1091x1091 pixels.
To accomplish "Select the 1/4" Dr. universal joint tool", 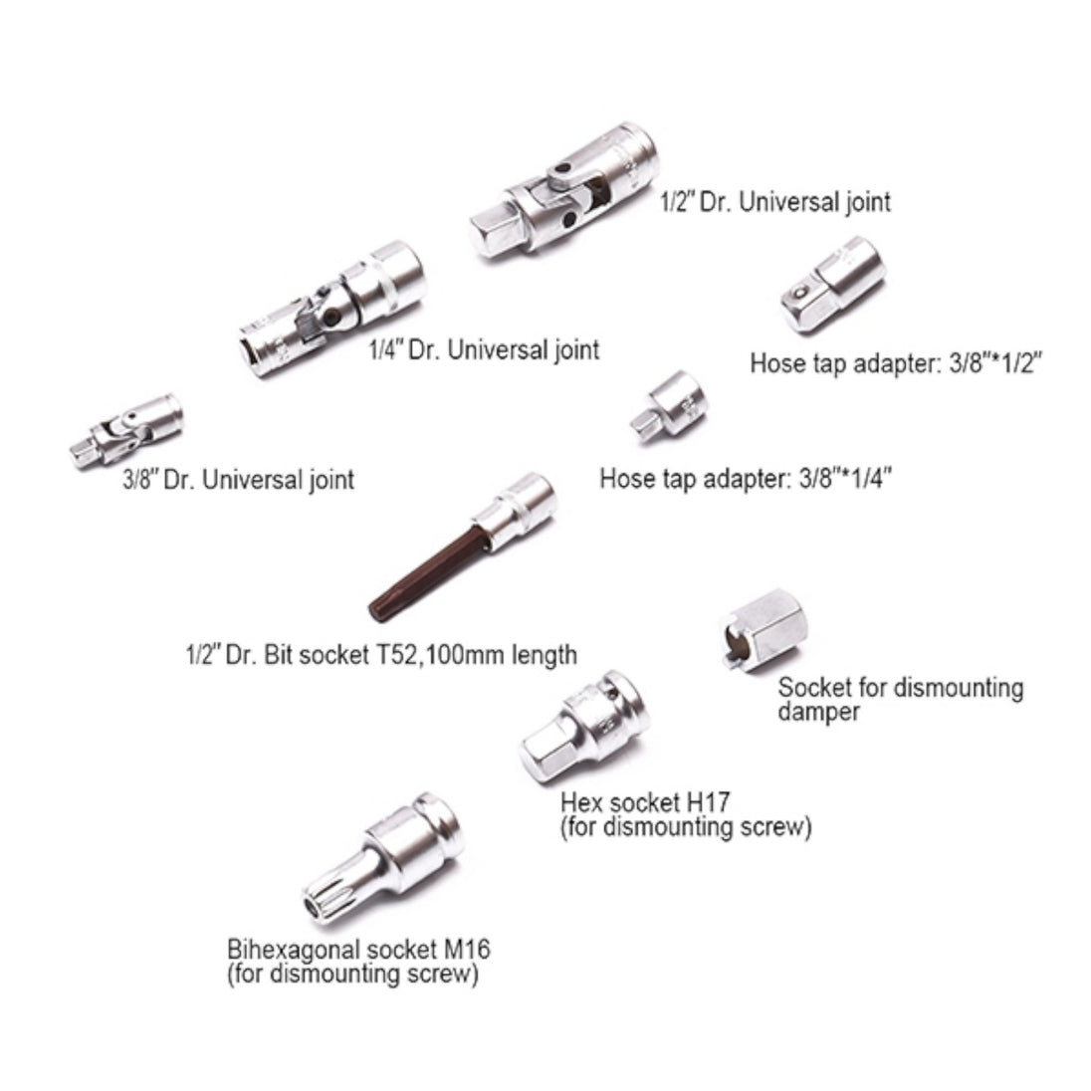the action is [331, 310].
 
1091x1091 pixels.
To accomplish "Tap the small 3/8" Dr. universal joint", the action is [126, 430].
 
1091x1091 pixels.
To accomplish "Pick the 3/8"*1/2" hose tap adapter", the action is [832, 285].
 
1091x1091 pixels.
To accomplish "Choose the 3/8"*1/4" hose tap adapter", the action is [668, 408].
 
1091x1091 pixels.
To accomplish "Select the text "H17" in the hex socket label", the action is [709, 803].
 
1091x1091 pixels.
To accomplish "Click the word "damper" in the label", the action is [819, 712].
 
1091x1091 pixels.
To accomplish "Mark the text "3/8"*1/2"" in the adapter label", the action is [995, 363].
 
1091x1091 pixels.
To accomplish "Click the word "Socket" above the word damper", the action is [814, 688].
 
